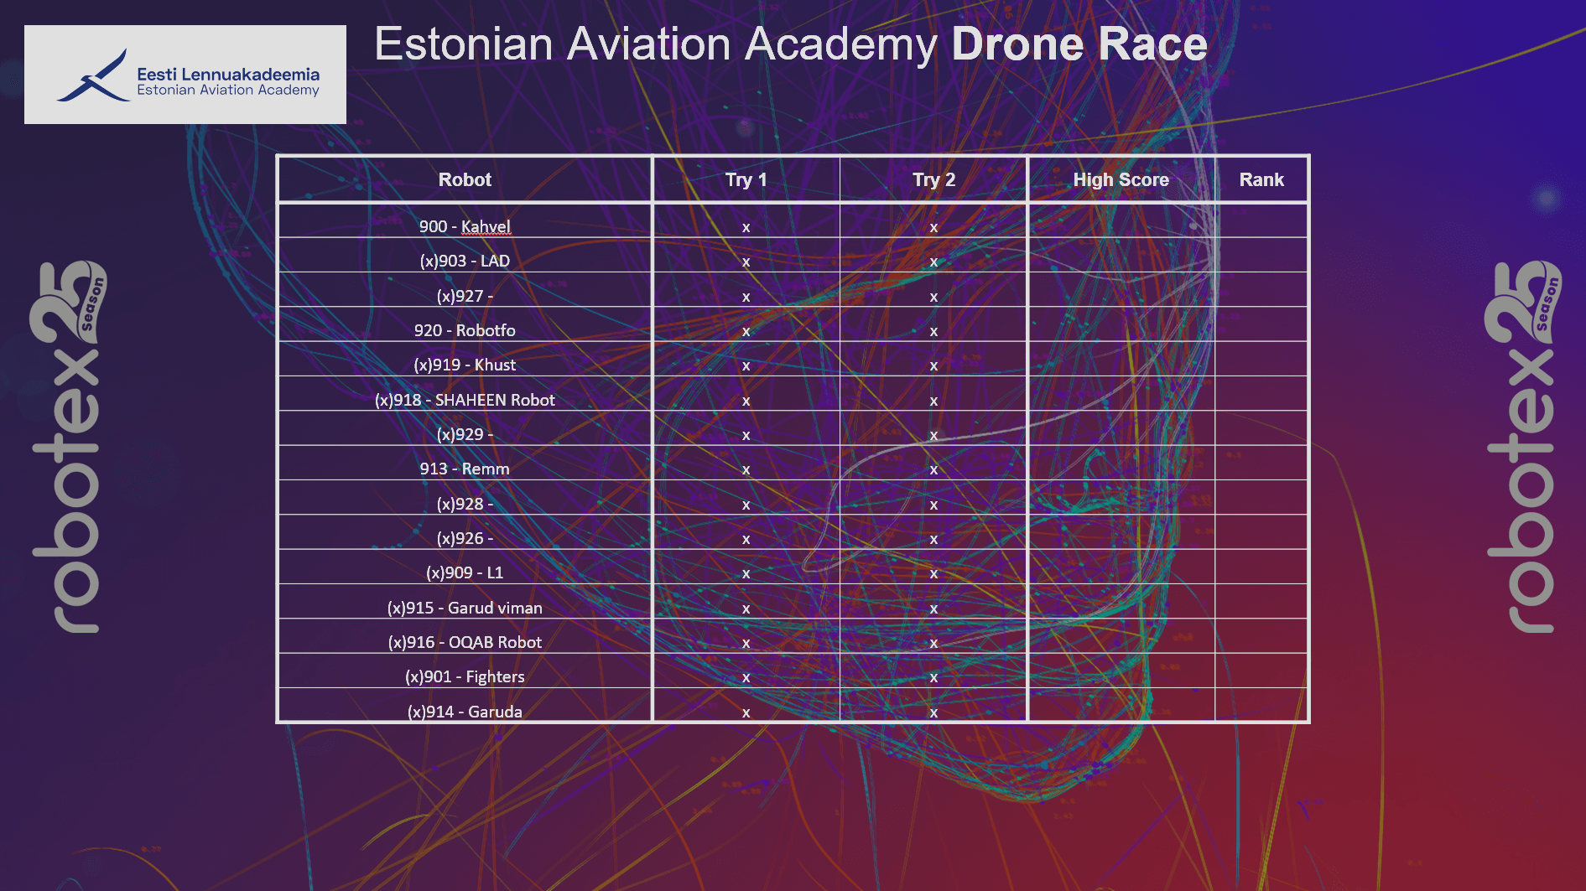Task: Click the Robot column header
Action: (x=465, y=179)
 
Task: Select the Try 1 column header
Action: (x=746, y=179)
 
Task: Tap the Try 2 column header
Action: (x=933, y=179)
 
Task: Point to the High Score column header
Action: (x=1121, y=179)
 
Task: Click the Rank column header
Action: (x=1261, y=179)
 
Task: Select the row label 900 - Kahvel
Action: (x=465, y=226)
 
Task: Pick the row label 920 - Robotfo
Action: (x=465, y=330)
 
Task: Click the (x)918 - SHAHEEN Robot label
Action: (x=465, y=400)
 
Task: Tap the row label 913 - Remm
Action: (x=465, y=469)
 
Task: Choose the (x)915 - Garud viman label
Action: (x=465, y=608)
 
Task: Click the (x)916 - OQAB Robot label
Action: (x=465, y=642)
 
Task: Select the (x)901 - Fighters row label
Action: (x=465, y=676)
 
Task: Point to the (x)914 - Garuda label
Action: (x=465, y=712)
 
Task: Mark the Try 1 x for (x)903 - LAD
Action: (x=746, y=262)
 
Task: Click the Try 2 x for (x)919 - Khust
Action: (x=933, y=365)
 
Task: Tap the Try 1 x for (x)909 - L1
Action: (x=746, y=573)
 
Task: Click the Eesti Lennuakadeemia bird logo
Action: (x=94, y=78)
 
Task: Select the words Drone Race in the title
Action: (x=1079, y=44)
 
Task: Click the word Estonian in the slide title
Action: (x=463, y=44)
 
